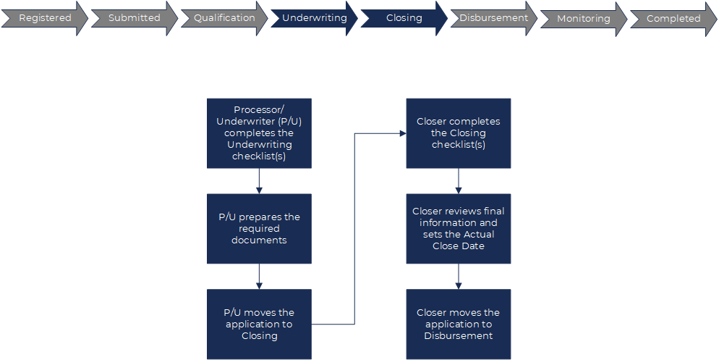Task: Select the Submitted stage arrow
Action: click(x=135, y=18)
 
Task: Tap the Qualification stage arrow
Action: click(x=224, y=18)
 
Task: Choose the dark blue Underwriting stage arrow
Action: click(x=314, y=18)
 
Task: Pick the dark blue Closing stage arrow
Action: click(x=404, y=18)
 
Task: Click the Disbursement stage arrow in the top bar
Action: click(x=493, y=18)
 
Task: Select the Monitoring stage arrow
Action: click(x=583, y=19)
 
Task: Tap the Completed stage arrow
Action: click(x=673, y=19)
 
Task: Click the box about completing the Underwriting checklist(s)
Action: click(x=259, y=133)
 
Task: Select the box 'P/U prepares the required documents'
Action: click(x=259, y=228)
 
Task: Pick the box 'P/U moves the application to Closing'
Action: click(x=259, y=324)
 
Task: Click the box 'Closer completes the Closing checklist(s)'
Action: click(x=458, y=133)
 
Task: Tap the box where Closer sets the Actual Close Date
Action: click(x=458, y=228)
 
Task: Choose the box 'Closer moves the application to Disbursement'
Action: click(x=458, y=324)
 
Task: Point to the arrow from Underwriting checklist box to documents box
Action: click(x=259, y=181)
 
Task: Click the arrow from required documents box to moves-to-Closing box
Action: click(x=259, y=276)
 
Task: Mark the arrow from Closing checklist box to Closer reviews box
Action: click(x=458, y=181)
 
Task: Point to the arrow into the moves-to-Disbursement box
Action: click(x=458, y=276)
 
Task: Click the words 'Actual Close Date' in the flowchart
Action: click(x=458, y=240)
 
